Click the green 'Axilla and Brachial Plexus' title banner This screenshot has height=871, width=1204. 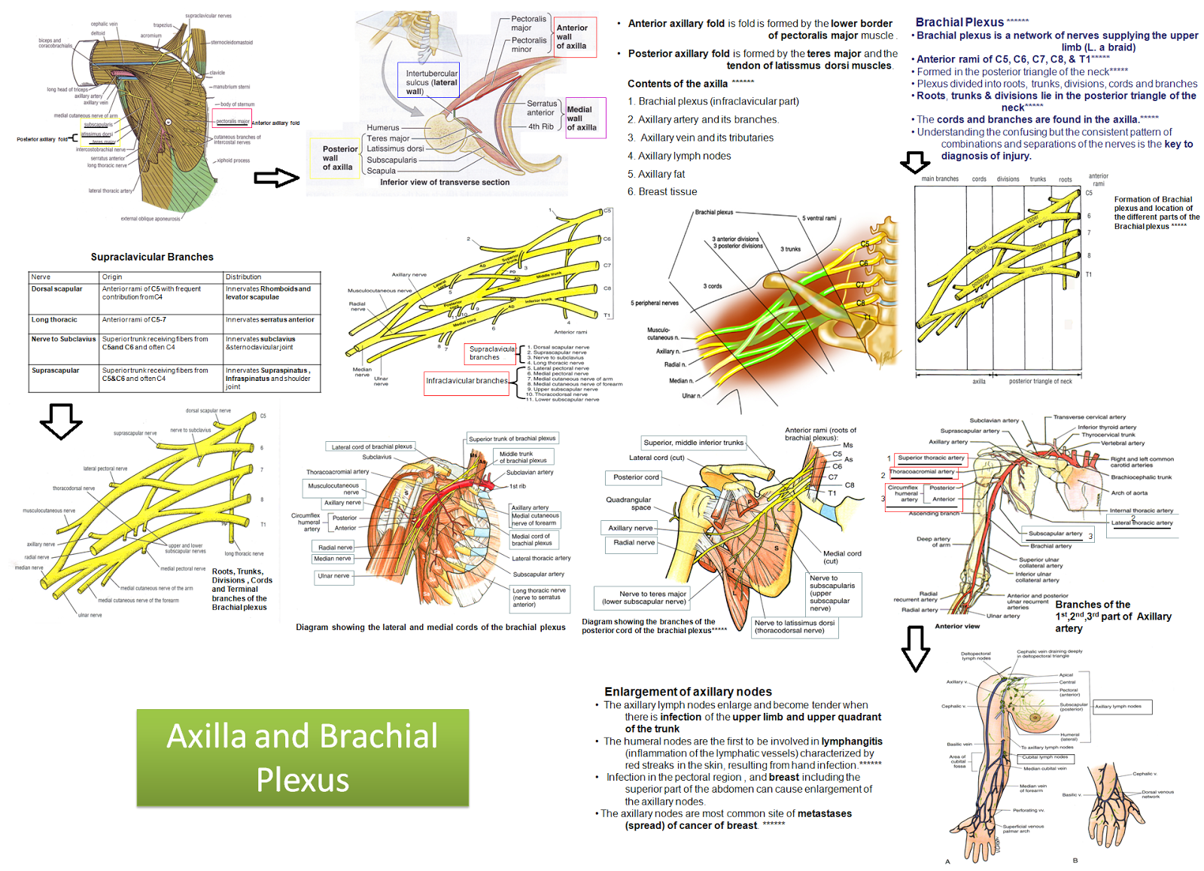tap(303, 757)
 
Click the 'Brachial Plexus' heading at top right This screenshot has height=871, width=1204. tap(959, 23)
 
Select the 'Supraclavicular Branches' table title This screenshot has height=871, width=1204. tap(152, 257)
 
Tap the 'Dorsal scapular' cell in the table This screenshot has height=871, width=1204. tap(57, 289)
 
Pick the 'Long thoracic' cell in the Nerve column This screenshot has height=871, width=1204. tap(54, 320)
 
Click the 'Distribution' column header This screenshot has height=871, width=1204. tap(244, 277)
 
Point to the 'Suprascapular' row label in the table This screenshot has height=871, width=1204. tap(56, 370)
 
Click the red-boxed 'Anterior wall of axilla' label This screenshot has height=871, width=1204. tap(574, 37)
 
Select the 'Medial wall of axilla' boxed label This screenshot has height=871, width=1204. tap(582, 118)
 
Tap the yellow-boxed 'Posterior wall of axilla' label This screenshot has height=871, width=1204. tap(339, 158)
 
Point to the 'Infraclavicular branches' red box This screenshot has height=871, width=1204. tap(467, 381)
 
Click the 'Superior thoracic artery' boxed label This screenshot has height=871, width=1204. tap(931, 458)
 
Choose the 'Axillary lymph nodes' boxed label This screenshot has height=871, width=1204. tap(1122, 706)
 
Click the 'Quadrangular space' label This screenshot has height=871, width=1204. tap(628, 504)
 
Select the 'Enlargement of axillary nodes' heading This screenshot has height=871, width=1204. tap(688, 692)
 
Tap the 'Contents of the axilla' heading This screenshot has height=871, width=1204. tap(677, 84)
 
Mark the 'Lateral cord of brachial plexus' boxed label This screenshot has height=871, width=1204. tap(372, 446)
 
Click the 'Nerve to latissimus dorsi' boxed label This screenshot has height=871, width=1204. tap(795, 626)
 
